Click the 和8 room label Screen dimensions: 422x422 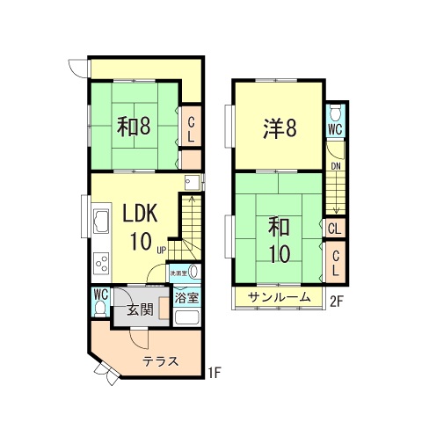click(x=134, y=127)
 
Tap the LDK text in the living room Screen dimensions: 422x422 click(x=140, y=213)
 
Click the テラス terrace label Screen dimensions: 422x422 click(x=161, y=361)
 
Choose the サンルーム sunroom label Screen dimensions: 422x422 click(x=279, y=297)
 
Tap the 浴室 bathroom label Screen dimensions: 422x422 click(x=186, y=297)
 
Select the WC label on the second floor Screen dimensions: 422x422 click(x=335, y=129)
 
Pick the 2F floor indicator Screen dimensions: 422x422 click(x=336, y=301)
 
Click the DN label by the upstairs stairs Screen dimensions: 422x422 click(x=336, y=164)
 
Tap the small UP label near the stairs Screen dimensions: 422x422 click(x=162, y=250)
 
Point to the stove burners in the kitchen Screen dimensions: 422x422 click(x=101, y=263)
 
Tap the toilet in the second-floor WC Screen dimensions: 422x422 click(x=335, y=113)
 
